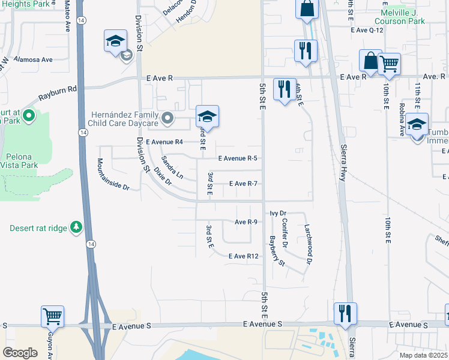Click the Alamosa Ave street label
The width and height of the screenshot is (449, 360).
34,59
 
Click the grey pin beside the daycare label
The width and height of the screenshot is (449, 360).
168,118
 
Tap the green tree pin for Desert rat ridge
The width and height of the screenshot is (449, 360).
76,227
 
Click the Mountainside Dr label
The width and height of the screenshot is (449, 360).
113,175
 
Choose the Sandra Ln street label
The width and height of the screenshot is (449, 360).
172,167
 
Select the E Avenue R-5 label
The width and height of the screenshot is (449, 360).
238,158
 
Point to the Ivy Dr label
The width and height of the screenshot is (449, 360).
279,213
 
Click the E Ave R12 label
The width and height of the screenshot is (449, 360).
244,256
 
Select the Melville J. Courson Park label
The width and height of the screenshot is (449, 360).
405,16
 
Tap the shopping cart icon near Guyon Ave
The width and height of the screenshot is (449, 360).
52,316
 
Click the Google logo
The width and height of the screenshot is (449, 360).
20,353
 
